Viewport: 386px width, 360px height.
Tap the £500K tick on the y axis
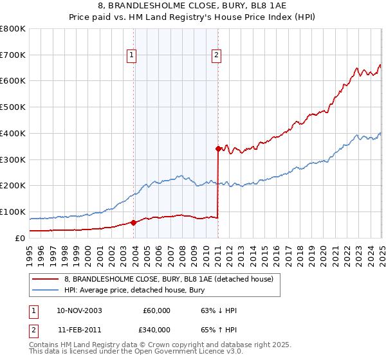[x=13, y=107]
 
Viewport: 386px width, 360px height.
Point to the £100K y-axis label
[x=13, y=212]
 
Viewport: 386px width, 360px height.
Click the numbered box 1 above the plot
[x=131, y=56]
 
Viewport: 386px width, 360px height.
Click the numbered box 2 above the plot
[x=217, y=56]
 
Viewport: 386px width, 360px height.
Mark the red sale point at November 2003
[x=133, y=222]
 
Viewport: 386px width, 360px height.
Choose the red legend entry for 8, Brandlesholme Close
[x=169, y=279]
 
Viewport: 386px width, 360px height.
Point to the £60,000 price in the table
[x=156, y=310]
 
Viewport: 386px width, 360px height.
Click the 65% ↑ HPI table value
[x=219, y=330]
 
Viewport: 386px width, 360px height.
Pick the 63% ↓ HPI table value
[x=219, y=310]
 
